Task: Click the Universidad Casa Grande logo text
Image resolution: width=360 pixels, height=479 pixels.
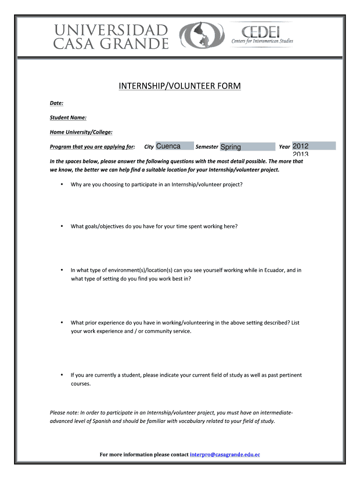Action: (x=111, y=37)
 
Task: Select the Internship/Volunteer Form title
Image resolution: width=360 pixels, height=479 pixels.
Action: (x=180, y=86)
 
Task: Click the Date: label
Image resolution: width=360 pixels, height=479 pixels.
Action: (x=57, y=102)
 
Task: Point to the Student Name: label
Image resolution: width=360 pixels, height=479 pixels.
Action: (x=68, y=117)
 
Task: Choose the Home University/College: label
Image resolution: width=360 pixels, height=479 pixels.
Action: (x=81, y=132)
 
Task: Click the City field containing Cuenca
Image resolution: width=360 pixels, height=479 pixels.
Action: (x=174, y=146)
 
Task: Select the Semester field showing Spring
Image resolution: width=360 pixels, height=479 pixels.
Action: (x=247, y=147)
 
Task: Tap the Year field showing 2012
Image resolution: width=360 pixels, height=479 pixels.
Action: (x=314, y=146)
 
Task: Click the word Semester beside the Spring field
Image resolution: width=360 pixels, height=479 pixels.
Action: (x=207, y=147)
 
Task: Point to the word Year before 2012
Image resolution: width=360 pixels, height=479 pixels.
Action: (x=284, y=147)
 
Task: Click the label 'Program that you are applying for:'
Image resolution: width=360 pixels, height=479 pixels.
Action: (x=93, y=147)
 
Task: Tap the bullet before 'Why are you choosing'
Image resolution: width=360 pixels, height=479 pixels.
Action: (x=62, y=184)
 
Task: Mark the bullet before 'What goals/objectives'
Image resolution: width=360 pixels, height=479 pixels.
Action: (x=62, y=226)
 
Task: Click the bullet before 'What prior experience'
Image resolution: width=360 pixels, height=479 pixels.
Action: (x=62, y=322)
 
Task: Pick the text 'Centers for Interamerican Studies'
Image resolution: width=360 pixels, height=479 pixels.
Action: (x=262, y=41)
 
